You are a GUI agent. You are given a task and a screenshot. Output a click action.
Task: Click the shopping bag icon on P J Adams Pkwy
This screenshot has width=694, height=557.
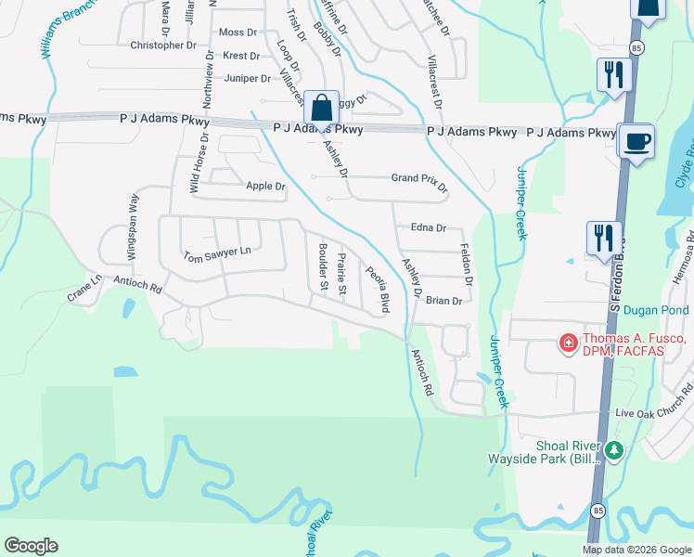pyautogui.click(x=321, y=108)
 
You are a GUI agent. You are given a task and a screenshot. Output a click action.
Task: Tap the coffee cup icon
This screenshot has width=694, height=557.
pyautogui.click(x=636, y=143)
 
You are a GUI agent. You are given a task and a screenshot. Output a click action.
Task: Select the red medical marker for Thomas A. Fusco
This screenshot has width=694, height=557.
pyautogui.click(x=566, y=344)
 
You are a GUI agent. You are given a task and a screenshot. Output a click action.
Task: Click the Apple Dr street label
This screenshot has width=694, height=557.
pyautogui.click(x=265, y=186)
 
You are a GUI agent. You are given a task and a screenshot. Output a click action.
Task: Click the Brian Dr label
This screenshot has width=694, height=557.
pyautogui.click(x=443, y=300)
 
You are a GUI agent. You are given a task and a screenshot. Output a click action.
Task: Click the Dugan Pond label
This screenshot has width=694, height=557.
pyautogui.click(x=656, y=310)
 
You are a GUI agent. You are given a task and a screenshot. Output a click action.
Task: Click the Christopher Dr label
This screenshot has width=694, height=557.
pyautogui.click(x=163, y=45)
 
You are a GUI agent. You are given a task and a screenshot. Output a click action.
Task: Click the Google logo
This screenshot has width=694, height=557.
pyautogui.click(x=31, y=546)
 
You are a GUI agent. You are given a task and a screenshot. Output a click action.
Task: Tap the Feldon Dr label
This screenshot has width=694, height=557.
pyautogui.click(x=468, y=265)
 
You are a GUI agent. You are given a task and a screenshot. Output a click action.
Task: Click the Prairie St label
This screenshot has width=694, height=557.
pyautogui.click(x=341, y=275)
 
